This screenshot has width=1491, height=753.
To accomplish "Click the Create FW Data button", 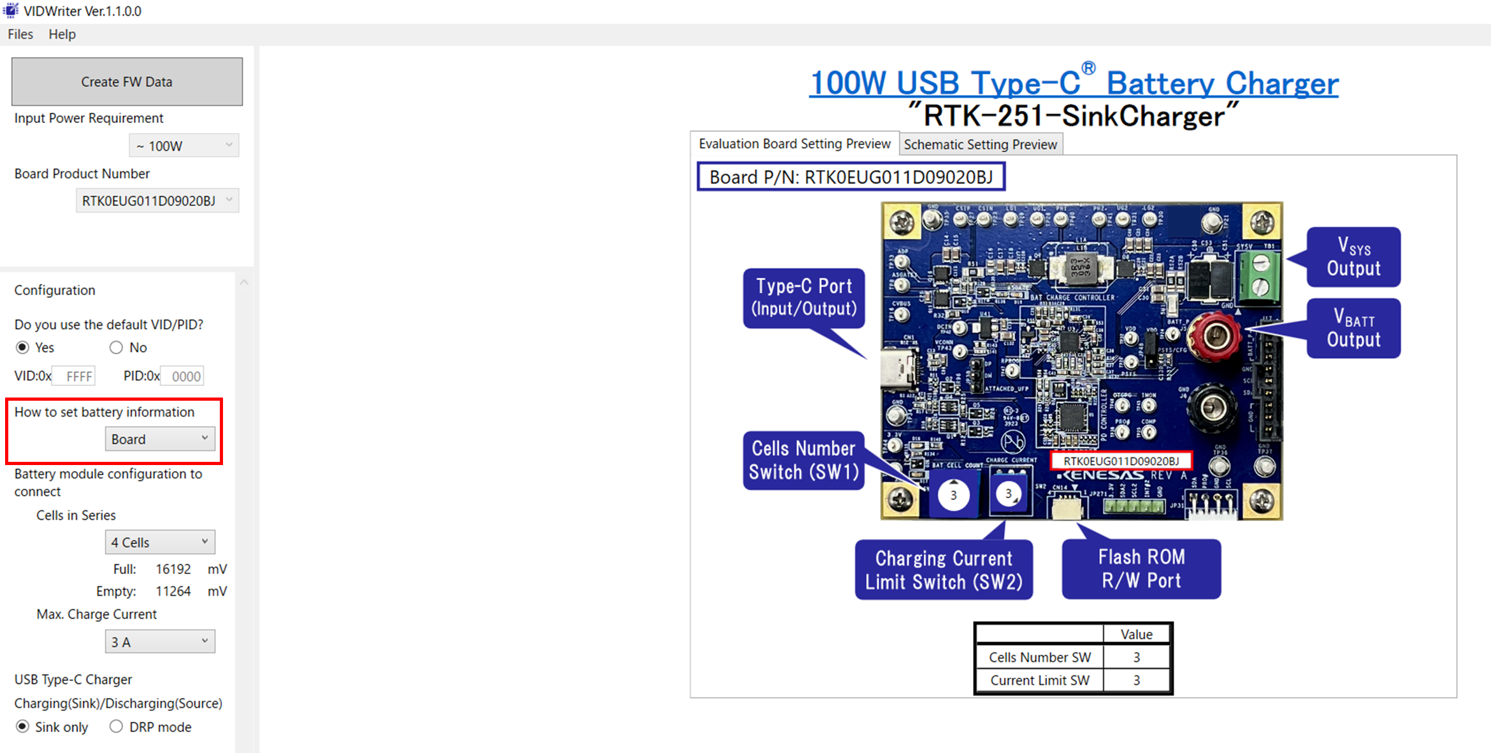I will coord(127,82).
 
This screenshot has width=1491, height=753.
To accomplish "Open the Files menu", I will coord(20,34).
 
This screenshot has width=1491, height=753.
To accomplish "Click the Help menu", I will coord(62,34).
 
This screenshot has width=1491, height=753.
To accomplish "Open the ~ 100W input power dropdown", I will coord(184,146).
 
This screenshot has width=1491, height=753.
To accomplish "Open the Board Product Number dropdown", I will coord(157,201).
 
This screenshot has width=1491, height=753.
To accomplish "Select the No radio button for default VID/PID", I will coord(116,347).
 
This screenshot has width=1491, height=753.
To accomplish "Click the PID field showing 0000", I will coord(182,376).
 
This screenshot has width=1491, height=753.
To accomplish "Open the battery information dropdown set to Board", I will coord(160,439).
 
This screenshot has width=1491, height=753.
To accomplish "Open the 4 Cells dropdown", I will coord(160,542).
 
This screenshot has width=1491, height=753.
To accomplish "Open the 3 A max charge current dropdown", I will coord(160,642).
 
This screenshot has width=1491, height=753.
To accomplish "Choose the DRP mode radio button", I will coord(116,726).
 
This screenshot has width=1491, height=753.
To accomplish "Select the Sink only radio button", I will coord(23,726).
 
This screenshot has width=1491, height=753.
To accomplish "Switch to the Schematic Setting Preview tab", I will coord(980,145).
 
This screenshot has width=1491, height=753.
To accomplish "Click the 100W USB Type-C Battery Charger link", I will coord(1074,83).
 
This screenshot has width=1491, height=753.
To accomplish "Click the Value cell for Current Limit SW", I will coord(1136,680).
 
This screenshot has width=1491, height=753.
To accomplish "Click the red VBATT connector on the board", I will coord(1215,336).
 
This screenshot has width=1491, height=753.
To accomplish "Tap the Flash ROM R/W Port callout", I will coord(1141,569).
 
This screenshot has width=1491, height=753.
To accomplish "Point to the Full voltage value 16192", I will coord(173,569).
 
